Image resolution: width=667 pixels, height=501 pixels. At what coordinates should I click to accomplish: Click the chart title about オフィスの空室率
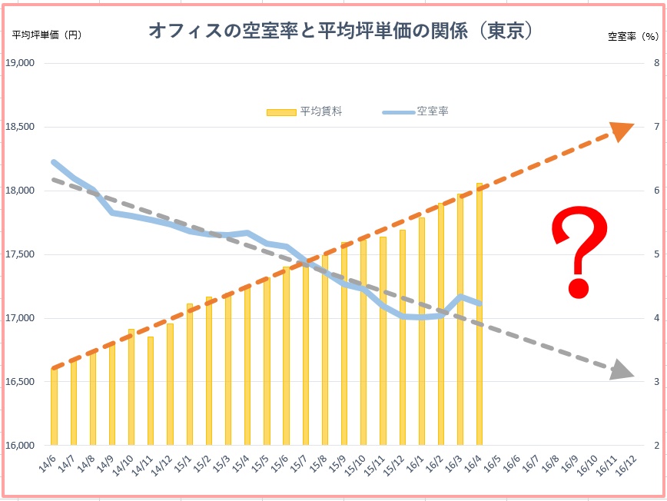click(x=340, y=32)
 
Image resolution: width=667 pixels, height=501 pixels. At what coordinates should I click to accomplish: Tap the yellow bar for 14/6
click(x=54, y=406)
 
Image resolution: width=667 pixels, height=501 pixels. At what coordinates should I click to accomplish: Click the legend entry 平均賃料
click(x=304, y=111)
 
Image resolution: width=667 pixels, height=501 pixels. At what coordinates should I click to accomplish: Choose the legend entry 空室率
click(x=416, y=111)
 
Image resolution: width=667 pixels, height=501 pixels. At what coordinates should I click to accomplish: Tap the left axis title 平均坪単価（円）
click(x=46, y=35)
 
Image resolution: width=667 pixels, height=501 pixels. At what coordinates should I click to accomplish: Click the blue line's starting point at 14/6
click(x=53, y=162)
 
